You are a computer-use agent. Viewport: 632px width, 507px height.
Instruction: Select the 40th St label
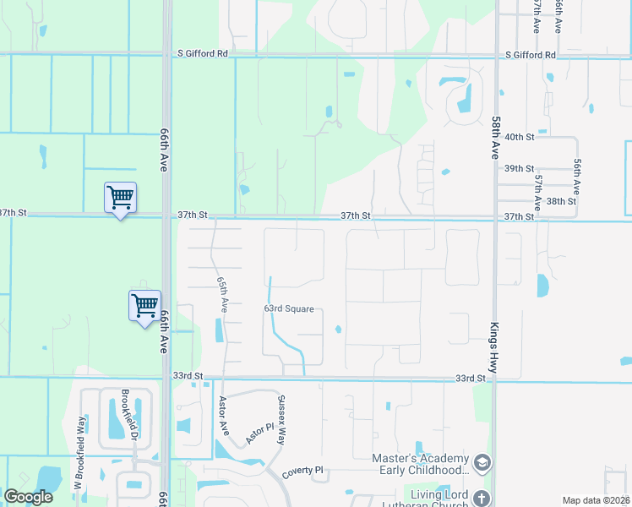tap(519, 137)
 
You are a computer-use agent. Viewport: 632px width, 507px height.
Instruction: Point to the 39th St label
tap(519, 169)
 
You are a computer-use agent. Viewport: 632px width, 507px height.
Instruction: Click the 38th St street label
tap(561, 202)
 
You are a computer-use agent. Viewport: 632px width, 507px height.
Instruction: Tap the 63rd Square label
tap(289, 309)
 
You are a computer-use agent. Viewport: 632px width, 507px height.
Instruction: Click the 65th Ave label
tap(223, 292)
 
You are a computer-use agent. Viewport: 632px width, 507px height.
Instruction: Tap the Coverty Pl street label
tap(303, 470)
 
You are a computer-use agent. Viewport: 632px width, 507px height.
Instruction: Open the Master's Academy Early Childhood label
tap(420, 464)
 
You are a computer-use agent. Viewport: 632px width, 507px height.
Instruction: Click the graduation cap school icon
tap(482, 463)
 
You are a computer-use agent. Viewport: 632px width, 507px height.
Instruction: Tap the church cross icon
tap(482, 498)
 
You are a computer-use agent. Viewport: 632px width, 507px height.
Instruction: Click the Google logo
tap(29, 497)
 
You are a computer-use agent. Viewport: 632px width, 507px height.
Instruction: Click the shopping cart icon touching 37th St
tap(120, 199)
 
